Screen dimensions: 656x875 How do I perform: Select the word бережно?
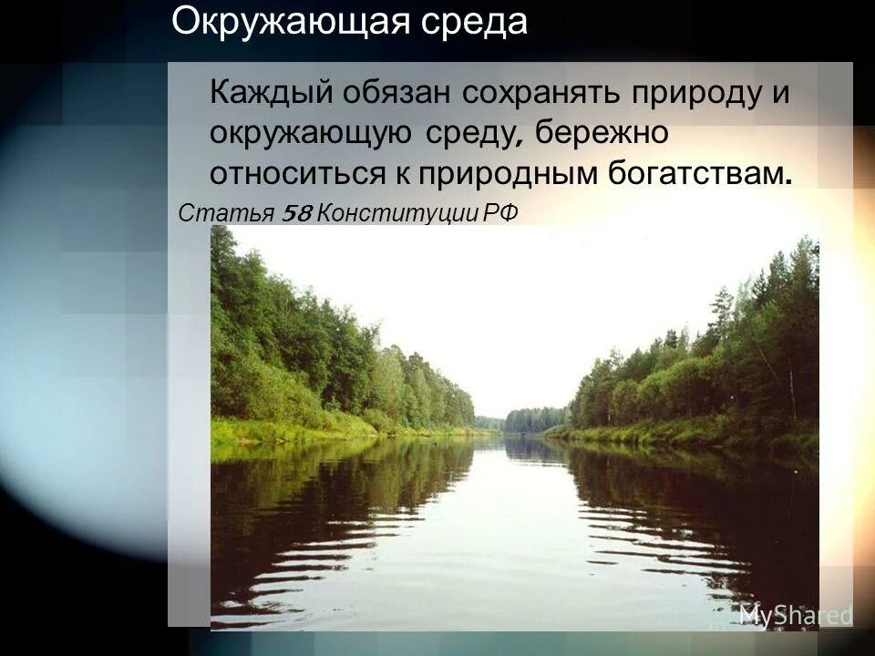tap(602, 133)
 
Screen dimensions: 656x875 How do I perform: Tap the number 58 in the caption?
tap(298, 213)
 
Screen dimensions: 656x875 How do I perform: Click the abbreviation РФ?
tap(500, 213)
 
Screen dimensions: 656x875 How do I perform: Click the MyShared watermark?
tap(795, 615)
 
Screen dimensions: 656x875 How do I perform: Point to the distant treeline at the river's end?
tap(529, 420)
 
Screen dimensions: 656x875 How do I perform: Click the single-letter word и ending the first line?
tap(780, 94)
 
